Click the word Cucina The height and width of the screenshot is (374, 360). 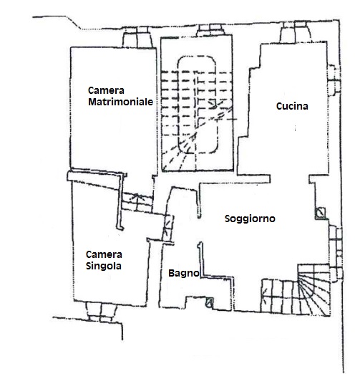click(x=292, y=106)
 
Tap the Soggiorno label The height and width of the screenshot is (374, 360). click(x=250, y=219)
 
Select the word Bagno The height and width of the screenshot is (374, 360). click(x=184, y=273)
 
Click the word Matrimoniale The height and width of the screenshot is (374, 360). click(x=120, y=102)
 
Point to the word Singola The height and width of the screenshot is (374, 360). click(x=104, y=266)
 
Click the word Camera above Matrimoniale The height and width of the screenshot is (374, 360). click(x=106, y=90)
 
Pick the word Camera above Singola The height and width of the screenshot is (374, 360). click(x=104, y=254)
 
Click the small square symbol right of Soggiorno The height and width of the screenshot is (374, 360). click(x=320, y=213)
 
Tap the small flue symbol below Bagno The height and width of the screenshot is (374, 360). click(x=210, y=302)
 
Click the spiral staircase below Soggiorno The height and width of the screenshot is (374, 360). click(x=313, y=290)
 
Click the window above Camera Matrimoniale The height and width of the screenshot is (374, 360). click(x=137, y=37)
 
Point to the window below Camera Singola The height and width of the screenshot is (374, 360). click(x=102, y=312)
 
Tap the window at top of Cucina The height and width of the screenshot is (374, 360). click(x=296, y=32)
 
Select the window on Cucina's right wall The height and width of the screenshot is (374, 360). click(x=334, y=80)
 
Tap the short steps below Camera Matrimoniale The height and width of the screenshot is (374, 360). click(x=137, y=201)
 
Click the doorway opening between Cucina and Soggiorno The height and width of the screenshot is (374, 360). click(x=290, y=179)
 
